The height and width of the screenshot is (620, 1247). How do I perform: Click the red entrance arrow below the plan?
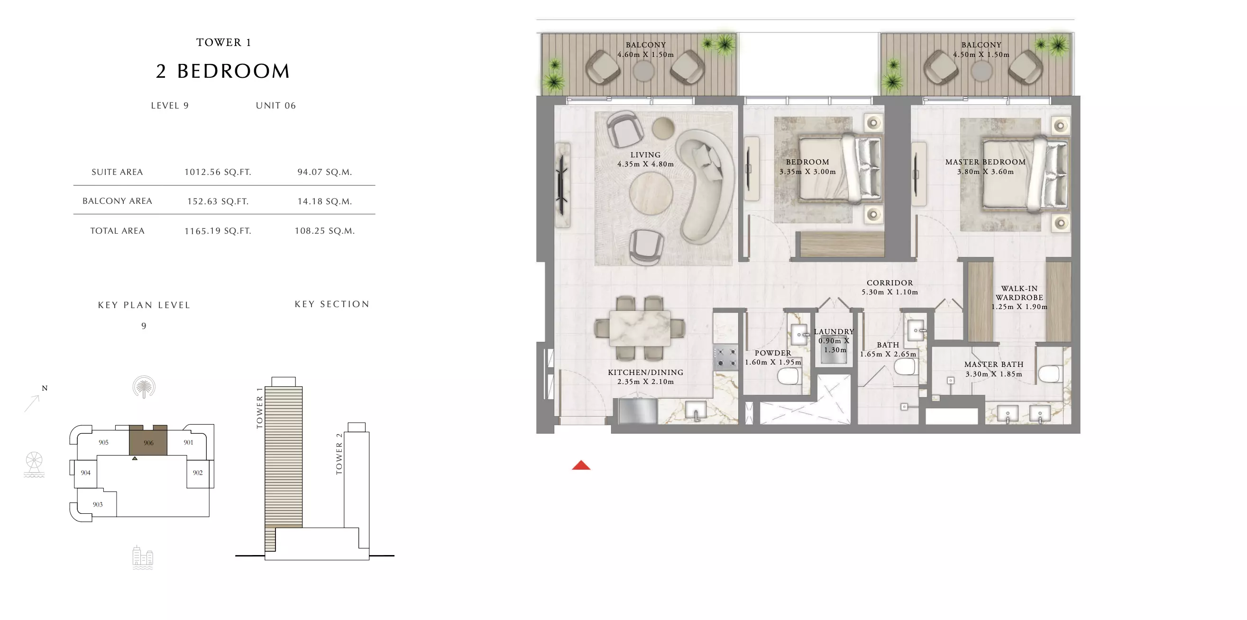click(581, 465)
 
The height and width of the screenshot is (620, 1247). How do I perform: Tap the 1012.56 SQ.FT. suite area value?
click(218, 172)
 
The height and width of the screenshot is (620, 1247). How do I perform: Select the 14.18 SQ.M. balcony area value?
click(325, 201)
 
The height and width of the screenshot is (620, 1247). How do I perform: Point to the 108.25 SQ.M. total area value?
click(325, 231)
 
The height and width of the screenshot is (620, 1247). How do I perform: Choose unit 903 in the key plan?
click(98, 504)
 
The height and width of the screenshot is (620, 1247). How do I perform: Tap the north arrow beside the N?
click(32, 403)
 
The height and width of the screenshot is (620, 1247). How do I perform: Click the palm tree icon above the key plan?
click(144, 387)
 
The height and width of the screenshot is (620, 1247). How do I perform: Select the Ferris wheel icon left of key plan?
click(34, 464)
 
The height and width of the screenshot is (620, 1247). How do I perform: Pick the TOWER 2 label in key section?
click(339, 454)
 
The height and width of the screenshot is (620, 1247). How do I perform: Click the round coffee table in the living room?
click(651, 193)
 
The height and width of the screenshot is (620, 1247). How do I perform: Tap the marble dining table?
click(640, 328)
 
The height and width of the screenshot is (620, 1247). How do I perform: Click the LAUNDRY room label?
click(834, 331)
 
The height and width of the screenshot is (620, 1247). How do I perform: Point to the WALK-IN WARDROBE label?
click(1019, 293)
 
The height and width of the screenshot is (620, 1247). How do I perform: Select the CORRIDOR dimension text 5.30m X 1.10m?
click(890, 292)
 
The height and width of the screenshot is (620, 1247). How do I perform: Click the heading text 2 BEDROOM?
click(223, 71)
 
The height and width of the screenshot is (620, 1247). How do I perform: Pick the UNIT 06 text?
click(276, 106)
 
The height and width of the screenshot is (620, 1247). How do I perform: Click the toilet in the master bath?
click(1050, 373)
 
